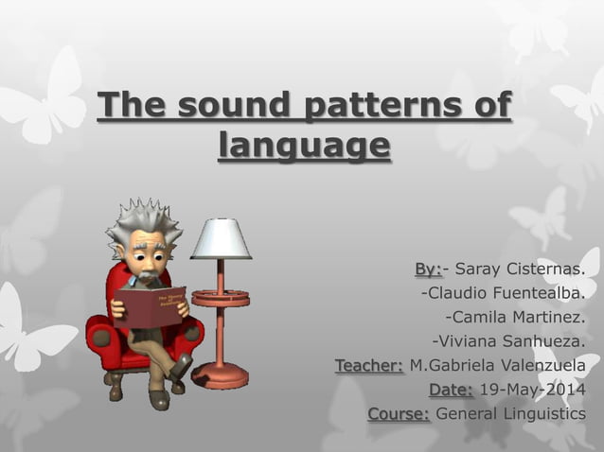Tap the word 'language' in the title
point(303,147)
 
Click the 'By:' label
point(428,269)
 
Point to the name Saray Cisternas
point(520,269)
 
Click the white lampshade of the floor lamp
point(221,238)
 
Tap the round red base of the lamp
point(220,374)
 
